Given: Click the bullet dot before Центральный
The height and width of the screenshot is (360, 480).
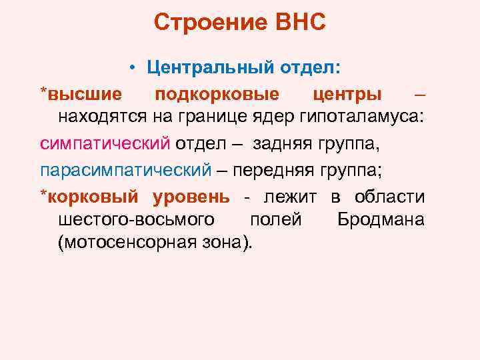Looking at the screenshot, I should (134, 67).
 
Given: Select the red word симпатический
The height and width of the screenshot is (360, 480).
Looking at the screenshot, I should (105, 143).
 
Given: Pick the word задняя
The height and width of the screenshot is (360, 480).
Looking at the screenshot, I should (297, 143).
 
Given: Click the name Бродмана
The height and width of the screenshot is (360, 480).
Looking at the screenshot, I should (381, 219).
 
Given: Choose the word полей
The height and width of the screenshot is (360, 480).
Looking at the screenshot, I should (275, 219).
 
